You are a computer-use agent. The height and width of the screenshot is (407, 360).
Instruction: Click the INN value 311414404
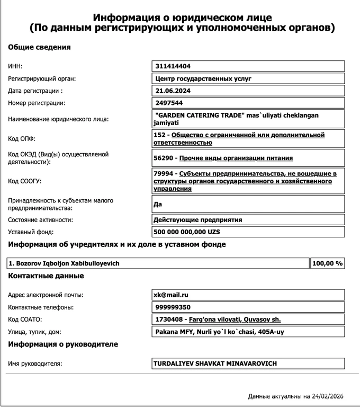click(173, 66)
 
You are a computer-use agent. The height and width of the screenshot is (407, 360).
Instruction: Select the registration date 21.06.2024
click(172, 91)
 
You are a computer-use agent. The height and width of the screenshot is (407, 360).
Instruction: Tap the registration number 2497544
click(169, 103)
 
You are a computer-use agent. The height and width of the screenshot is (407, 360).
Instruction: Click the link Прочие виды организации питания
click(236, 158)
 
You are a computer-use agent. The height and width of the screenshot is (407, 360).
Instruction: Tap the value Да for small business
click(158, 204)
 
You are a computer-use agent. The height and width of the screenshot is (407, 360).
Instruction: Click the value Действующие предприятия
click(197, 219)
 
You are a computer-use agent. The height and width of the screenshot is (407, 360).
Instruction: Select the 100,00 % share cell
click(327, 263)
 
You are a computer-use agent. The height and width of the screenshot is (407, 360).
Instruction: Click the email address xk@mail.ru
click(171, 295)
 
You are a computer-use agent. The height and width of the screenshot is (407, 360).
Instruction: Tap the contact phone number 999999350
click(173, 307)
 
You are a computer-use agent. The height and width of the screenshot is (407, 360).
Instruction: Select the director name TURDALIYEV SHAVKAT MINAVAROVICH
click(215, 364)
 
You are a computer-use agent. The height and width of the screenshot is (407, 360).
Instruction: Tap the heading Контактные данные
click(46, 276)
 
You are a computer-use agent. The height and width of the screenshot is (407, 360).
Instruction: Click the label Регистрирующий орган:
click(42, 78)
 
